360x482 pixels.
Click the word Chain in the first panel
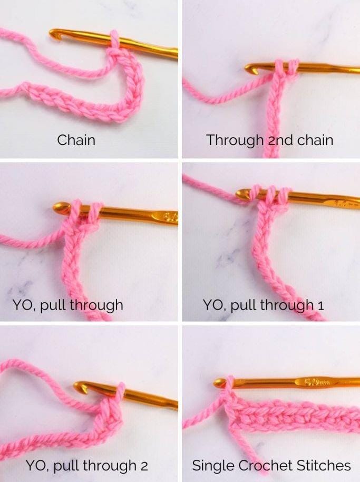(x=76, y=140)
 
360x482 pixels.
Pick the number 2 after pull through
(x=144, y=466)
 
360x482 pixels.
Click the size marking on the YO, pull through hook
(x=171, y=217)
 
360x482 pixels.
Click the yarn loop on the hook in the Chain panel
(x=114, y=40)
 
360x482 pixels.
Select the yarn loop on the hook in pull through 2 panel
(x=120, y=391)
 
